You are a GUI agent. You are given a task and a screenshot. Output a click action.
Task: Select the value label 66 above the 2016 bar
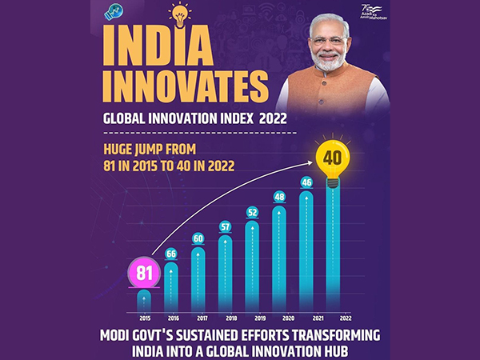pos(170,254)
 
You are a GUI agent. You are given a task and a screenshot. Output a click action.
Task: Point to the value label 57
pos(225,226)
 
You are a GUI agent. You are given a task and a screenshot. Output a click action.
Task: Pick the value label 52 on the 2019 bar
pos(252,213)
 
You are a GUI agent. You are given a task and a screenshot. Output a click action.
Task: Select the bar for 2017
pos(198,280)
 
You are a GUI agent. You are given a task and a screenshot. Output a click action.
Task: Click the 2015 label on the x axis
pos(144,317)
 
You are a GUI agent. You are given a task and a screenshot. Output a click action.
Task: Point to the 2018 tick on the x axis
pos(225,317)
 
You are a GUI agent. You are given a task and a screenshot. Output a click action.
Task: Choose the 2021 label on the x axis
pos(306,317)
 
